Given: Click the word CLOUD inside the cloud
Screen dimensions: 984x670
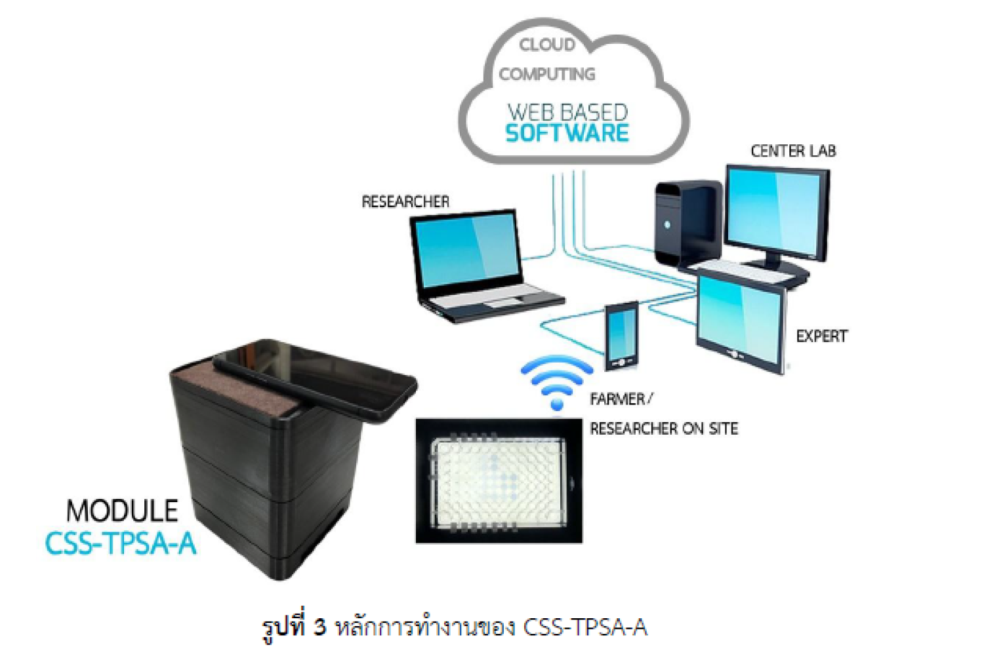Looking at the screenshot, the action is tap(547, 45).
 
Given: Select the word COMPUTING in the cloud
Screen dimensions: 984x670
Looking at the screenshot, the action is tap(547, 74).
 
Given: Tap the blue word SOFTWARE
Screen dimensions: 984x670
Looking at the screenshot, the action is tap(567, 133).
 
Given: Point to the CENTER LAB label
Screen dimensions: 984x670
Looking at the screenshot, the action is tap(793, 151).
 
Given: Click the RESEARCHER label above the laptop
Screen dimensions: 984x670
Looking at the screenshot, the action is tap(405, 201).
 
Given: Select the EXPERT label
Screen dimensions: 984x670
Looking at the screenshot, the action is tap(821, 336).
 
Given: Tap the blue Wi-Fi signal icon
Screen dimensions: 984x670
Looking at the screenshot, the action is tap(556, 381).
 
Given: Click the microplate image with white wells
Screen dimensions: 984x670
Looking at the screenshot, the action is tap(499, 481).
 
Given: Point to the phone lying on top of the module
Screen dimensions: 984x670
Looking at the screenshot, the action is tap(314, 380).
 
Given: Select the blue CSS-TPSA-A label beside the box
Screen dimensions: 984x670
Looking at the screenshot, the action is tap(121, 543).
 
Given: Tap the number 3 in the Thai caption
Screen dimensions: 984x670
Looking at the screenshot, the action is tap(319, 627).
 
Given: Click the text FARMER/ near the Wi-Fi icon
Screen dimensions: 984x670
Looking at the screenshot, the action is tap(621, 399).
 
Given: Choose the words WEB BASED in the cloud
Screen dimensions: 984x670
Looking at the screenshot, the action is tap(568, 112).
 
